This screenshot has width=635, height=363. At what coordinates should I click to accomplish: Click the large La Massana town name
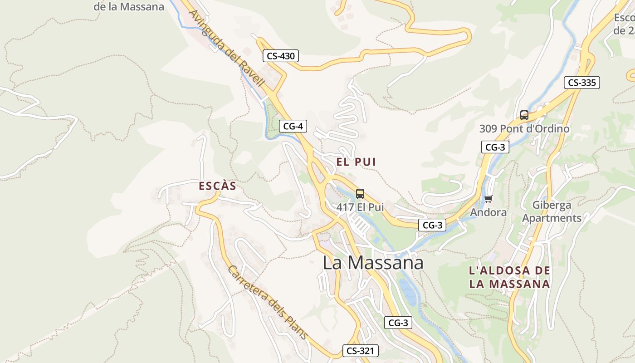coord(373,263)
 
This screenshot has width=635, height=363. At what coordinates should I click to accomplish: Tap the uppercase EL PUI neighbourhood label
coord(356,162)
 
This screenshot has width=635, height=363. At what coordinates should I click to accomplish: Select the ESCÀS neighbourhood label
coord(218,186)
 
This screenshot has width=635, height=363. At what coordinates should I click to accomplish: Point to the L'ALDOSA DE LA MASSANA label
coord(509,278)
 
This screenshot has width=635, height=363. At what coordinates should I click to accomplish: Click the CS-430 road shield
coord(281,56)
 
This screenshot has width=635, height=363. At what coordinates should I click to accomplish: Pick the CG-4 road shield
coord(293,126)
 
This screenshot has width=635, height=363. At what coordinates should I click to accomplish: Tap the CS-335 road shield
coord(582,83)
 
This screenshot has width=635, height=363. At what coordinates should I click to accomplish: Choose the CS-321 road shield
coord(360,350)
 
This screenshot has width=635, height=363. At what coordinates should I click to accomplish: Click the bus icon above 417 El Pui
coord(360,194)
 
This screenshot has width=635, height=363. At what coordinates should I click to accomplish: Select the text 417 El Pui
coord(360,207)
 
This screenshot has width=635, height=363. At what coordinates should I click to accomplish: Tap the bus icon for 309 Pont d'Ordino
coord(524,115)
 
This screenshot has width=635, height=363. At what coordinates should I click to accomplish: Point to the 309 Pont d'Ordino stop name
coord(524,129)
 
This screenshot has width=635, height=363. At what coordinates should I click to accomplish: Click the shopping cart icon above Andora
coord(488,199)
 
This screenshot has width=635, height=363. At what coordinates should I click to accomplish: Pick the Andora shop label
coord(488,212)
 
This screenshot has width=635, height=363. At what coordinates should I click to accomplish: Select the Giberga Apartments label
coord(552,211)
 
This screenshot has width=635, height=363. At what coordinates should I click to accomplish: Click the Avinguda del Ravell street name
coord(226,48)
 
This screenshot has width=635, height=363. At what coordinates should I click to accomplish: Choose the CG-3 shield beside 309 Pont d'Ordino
coord(495,147)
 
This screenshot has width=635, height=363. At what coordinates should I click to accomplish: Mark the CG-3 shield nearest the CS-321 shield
coord(399,323)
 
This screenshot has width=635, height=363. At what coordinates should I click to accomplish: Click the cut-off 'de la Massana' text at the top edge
coord(129,6)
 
